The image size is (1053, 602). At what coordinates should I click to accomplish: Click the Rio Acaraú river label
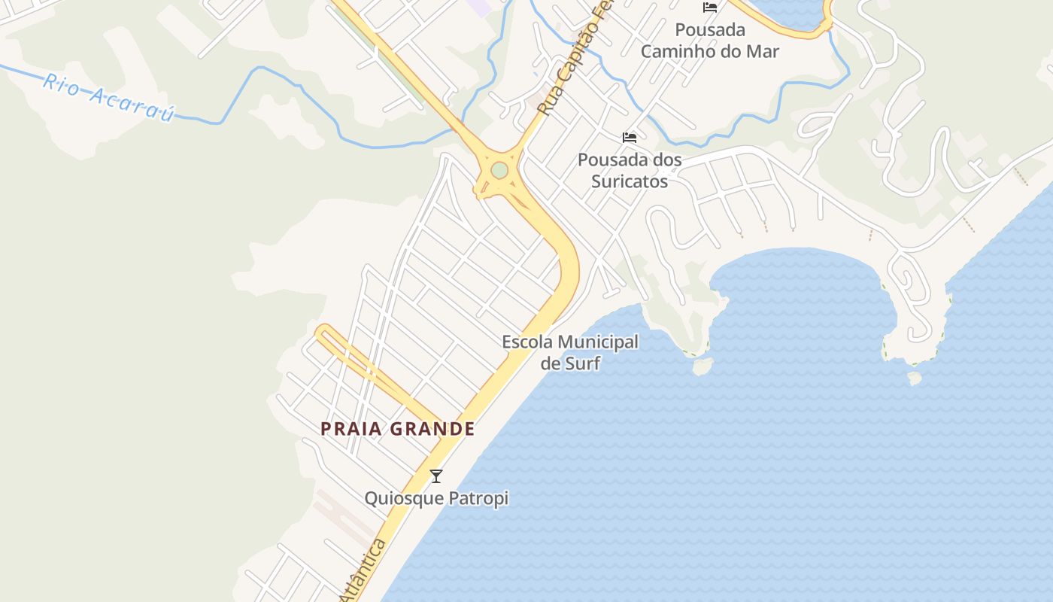pyautogui.click(x=108, y=97)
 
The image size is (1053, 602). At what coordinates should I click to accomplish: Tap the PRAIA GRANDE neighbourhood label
pyautogui.click(x=397, y=429)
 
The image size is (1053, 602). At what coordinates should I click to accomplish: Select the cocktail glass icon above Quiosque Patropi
pyautogui.click(x=435, y=476)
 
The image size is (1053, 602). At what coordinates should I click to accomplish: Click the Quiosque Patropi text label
pyautogui.click(x=436, y=498)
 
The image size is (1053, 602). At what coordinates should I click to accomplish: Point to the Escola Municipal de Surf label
pyautogui.click(x=570, y=352)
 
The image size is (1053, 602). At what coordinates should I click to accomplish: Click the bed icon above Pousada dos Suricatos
pyautogui.click(x=630, y=138)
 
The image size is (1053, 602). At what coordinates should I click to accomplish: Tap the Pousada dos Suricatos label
pyautogui.click(x=630, y=170)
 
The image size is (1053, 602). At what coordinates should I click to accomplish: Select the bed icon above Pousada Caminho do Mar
pyautogui.click(x=709, y=8)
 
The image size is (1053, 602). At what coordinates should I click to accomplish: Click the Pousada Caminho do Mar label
pyautogui.click(x=709, y=41)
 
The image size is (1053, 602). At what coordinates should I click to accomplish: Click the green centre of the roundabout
pyautogui.click(x=499, y=171)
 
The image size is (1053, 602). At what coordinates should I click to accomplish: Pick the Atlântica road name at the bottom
pyautogui.click(x=363, y=572)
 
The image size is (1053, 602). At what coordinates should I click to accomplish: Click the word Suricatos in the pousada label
pyautogui.click(x=630, y=181)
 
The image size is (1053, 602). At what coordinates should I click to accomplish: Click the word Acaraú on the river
pyautogui.click(x=132, y=103)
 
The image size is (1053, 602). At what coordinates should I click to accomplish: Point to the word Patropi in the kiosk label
pyautogui.click(x=478, y=498)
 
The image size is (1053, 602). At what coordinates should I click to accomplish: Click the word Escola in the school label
pyautogui.click(x=527, y=342)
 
